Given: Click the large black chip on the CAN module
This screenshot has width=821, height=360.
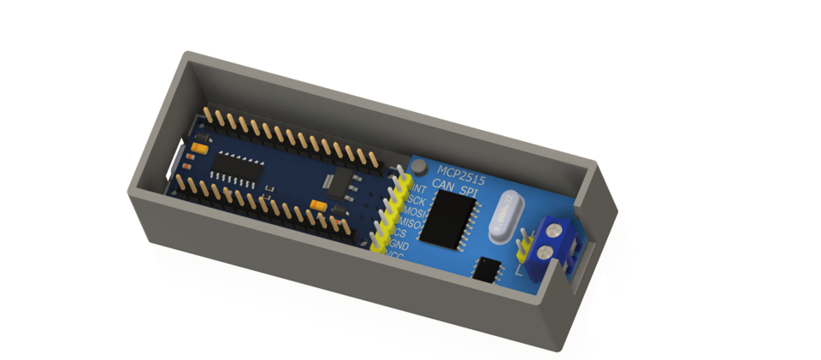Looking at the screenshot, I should (450, 219).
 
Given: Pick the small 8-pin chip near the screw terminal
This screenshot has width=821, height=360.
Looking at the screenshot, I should (488, 269).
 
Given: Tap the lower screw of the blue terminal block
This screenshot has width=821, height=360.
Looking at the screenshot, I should (546, 254).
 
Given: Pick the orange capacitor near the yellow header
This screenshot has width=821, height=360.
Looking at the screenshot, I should (319, 204).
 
